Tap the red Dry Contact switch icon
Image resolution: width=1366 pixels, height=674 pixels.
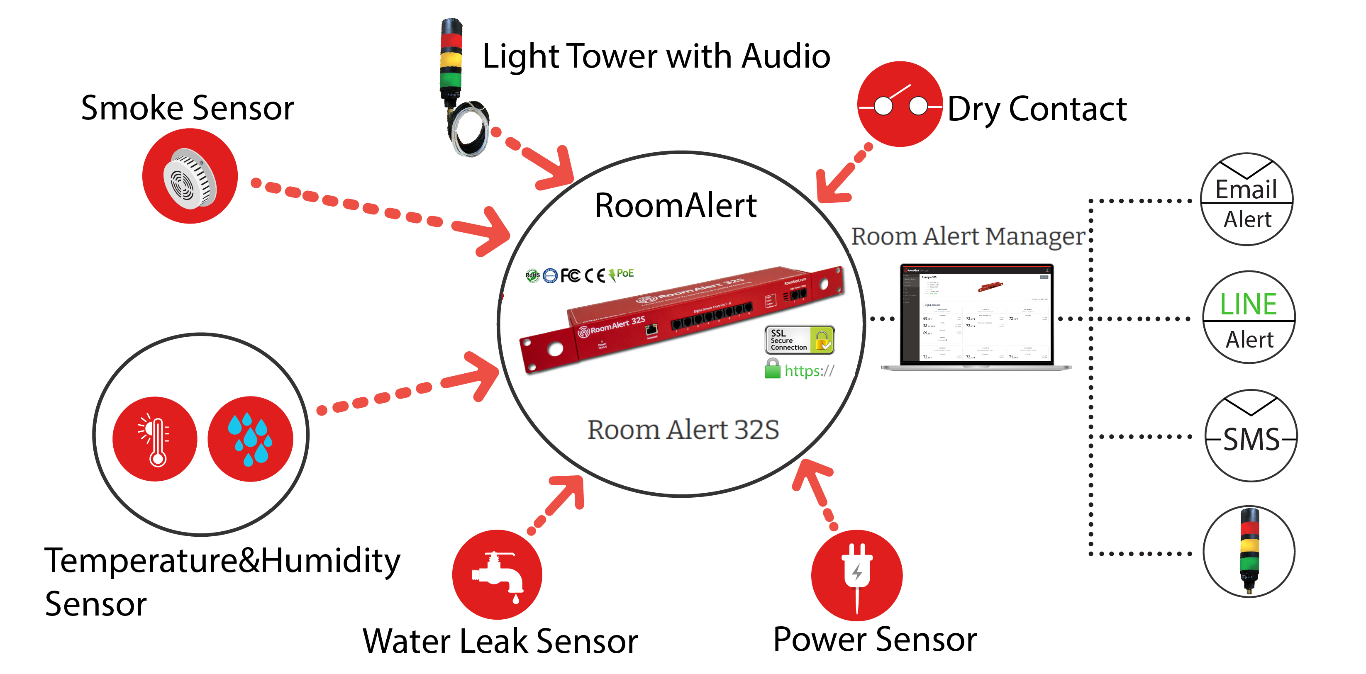tap(900, 105)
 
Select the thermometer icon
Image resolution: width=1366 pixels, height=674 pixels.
tap(155, 439)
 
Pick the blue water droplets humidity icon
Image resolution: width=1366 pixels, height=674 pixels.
tap(250, 439)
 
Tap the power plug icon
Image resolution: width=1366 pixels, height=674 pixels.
tap(856, 575)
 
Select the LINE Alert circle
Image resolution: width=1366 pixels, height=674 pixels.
tap(1249, 317)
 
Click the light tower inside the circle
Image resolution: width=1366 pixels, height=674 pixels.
tap(1249, 552)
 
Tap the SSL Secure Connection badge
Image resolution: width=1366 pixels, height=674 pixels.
tap(799, 340)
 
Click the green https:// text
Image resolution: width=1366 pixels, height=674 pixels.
tap(809, 371)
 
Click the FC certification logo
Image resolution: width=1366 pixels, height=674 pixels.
tap(570, 275)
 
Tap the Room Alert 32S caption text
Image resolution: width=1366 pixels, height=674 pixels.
tap(683, 430)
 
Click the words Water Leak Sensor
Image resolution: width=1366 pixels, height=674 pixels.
tap(500, 642)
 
